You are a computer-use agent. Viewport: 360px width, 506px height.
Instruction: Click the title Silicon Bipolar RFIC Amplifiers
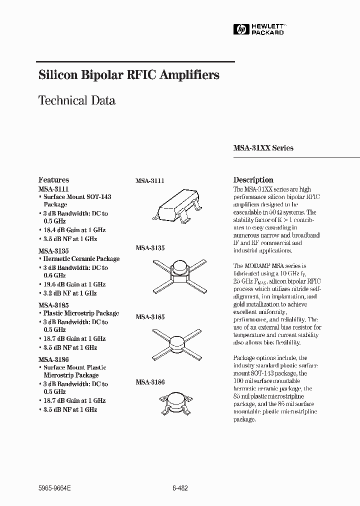pyautogui.click(x=129, y=75)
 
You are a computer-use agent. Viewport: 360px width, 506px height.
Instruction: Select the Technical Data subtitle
pyautogui.click(x=77, y=100)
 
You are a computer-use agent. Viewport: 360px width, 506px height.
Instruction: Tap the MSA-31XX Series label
pyautogui.click(x=263, y=148)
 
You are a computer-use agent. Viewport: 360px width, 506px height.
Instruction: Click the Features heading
pyautogui.click(x=53, y=180)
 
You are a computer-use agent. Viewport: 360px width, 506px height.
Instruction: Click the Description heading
pyautogui.click(x=253, y=180)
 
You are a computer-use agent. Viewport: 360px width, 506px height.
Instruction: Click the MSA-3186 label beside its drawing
pyautogui.click(x=150, y=382)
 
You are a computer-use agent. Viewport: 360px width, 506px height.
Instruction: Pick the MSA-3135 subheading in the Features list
pyautogui.click(x=53, y=250)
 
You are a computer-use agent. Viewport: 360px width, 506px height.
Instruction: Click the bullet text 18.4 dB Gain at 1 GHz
pyautogui.click(x=74, y=230)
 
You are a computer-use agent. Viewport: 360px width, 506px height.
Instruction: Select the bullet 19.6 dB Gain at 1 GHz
pyautogui.click(x=74, y=284)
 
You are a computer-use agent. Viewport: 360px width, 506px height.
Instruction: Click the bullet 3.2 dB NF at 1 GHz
pyautogui.click(x=70, y=293)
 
